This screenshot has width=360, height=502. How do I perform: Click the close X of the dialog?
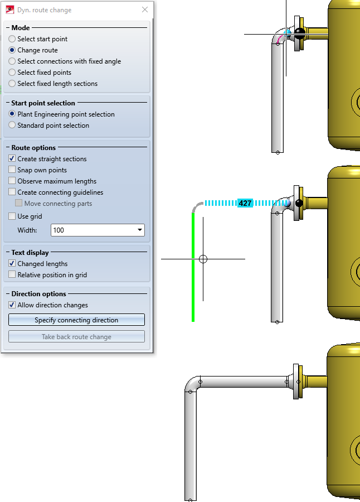[x=145, y=10]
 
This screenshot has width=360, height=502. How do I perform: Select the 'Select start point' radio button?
[x=12, y=39]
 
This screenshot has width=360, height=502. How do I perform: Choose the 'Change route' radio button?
[x=12, y=50]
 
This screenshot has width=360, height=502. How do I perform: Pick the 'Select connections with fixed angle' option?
[x=12, y=61]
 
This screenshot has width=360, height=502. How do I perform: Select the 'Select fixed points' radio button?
[x=12, y=73]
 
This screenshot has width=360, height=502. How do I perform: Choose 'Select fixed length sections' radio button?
[x=12, y=84]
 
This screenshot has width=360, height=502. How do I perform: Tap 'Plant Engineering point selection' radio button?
[x=12, y=114]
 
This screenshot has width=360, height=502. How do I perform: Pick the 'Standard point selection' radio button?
[x=12, y=126]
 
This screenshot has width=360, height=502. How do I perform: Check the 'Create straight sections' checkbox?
[x=12, y=159]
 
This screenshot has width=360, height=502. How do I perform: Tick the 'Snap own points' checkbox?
[x=12, y=170]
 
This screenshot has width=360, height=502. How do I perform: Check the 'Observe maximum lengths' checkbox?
[x=12, y=181]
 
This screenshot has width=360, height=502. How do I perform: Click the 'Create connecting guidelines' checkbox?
[x=12, y=192]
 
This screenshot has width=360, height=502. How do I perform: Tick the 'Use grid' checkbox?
[x=12, y=216]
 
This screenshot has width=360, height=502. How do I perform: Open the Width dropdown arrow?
[x=139, y=230]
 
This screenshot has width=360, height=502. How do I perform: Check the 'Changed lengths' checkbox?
[x=12, y=264]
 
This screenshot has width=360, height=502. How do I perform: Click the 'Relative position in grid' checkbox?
[x=12, y=275]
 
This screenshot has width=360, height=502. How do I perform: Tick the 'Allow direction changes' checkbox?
[x=12, y=305]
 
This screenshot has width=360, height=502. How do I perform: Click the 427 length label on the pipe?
[x=245, y=204]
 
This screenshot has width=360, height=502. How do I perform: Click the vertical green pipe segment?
[x=193, y=268]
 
